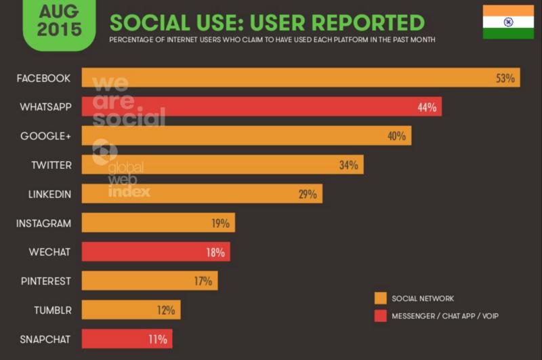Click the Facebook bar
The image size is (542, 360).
(x=298, y=78)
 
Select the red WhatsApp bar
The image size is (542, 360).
(x=261, y=106)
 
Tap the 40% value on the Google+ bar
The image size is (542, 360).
(x=396, y=136)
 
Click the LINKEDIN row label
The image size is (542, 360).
(x=49, y=194)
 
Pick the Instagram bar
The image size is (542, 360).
(x=158, y=223)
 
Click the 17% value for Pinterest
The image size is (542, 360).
(x=203, y=281)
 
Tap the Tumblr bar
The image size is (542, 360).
(x=131, y=310)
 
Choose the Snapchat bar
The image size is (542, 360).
(x=127, y=339)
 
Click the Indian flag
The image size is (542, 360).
(x=508, y=21)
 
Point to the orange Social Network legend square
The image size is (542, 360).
(x=381, y=298)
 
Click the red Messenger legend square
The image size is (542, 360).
(x=381, y=316)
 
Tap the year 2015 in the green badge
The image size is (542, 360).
(x=59, y=29)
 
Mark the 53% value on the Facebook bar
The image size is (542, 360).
(x=505, y=78)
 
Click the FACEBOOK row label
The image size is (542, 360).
(x=44, y=78)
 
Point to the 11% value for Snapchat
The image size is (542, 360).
(x=157, y=339)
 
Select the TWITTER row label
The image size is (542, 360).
(x=51, y=165)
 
